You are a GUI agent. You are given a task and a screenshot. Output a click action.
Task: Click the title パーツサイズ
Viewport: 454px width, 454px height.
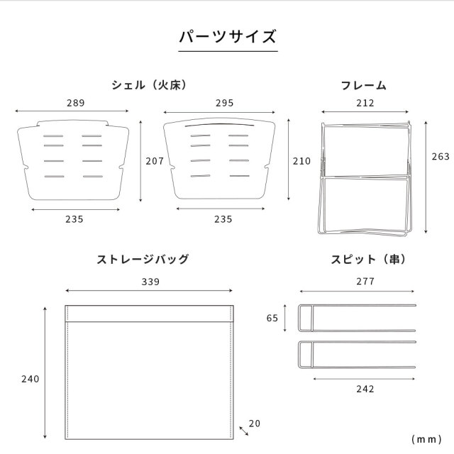[228, 37]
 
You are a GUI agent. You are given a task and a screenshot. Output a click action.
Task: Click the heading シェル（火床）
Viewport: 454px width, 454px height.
[150, 85]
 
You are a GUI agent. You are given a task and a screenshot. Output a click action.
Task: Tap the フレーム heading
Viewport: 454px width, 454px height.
[364, 86]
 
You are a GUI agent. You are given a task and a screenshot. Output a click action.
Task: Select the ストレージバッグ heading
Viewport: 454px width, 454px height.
[143, 259]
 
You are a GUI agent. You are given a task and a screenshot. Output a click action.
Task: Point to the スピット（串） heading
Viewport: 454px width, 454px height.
[369, 259]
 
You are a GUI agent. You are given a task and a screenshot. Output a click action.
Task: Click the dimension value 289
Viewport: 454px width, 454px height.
[76, 103]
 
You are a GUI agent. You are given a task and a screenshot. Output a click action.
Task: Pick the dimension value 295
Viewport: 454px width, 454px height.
[225, 103]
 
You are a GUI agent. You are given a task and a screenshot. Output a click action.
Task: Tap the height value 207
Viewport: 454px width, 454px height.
[155, 161]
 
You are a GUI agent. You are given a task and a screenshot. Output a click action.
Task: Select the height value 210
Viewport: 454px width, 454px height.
[301, 161]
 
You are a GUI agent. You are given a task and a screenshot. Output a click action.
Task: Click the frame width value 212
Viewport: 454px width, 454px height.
[365, 103]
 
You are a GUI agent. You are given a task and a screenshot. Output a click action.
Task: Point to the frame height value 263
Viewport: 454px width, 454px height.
[441, 156]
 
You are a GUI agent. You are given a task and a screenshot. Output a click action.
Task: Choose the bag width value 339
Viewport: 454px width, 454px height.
[150, 282]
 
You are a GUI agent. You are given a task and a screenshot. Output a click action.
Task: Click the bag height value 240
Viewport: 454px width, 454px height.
[30, 379]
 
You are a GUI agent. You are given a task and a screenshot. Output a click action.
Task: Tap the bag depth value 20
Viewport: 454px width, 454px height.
[255, 423]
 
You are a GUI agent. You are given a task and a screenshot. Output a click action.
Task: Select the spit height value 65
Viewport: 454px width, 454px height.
[272, 318]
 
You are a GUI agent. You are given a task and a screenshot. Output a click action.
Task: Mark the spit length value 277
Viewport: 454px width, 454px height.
[365, 281]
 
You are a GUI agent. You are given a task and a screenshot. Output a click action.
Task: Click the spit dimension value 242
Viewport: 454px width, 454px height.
[365, 389]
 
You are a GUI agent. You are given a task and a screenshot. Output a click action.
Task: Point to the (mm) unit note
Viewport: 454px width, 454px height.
[426, 439]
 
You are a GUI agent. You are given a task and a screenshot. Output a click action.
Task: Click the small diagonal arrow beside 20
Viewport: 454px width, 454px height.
[244, 431]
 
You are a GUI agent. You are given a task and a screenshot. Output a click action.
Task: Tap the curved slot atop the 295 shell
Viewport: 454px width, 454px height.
[219, 125]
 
